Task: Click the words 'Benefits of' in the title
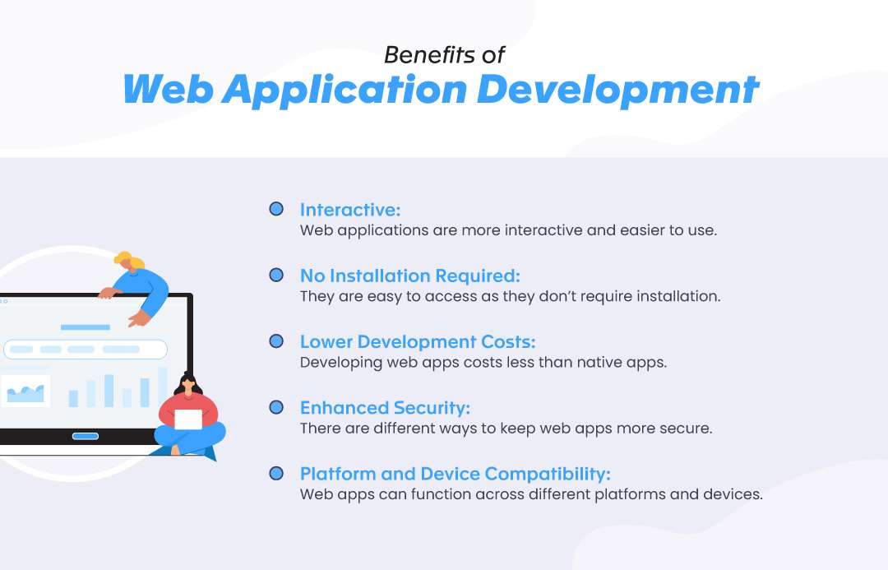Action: click(x=444, y=55)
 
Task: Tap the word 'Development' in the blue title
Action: click(x=617, y=90)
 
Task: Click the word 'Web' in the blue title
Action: click(x=169, y=89)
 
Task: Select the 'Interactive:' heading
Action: click(x=350, y=210)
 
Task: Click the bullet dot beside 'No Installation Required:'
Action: click(x=276, y=275)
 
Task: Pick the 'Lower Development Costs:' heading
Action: click(x=418, y=341)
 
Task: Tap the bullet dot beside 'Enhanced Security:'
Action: click(x=276, y=407)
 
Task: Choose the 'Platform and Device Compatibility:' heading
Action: click(x=456, y=474)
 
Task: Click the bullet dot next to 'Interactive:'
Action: click(x=276, y=209)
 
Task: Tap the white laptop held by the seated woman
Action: click(x=188, y=419)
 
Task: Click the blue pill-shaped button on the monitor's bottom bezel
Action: click(x=86, y=436)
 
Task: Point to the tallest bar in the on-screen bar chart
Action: click(x=163, y=387)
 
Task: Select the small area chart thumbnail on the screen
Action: click(x=25, y=391)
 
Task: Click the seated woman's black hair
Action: click(x=188, y=383)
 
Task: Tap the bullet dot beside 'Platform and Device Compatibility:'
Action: click(x=276, y=473)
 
